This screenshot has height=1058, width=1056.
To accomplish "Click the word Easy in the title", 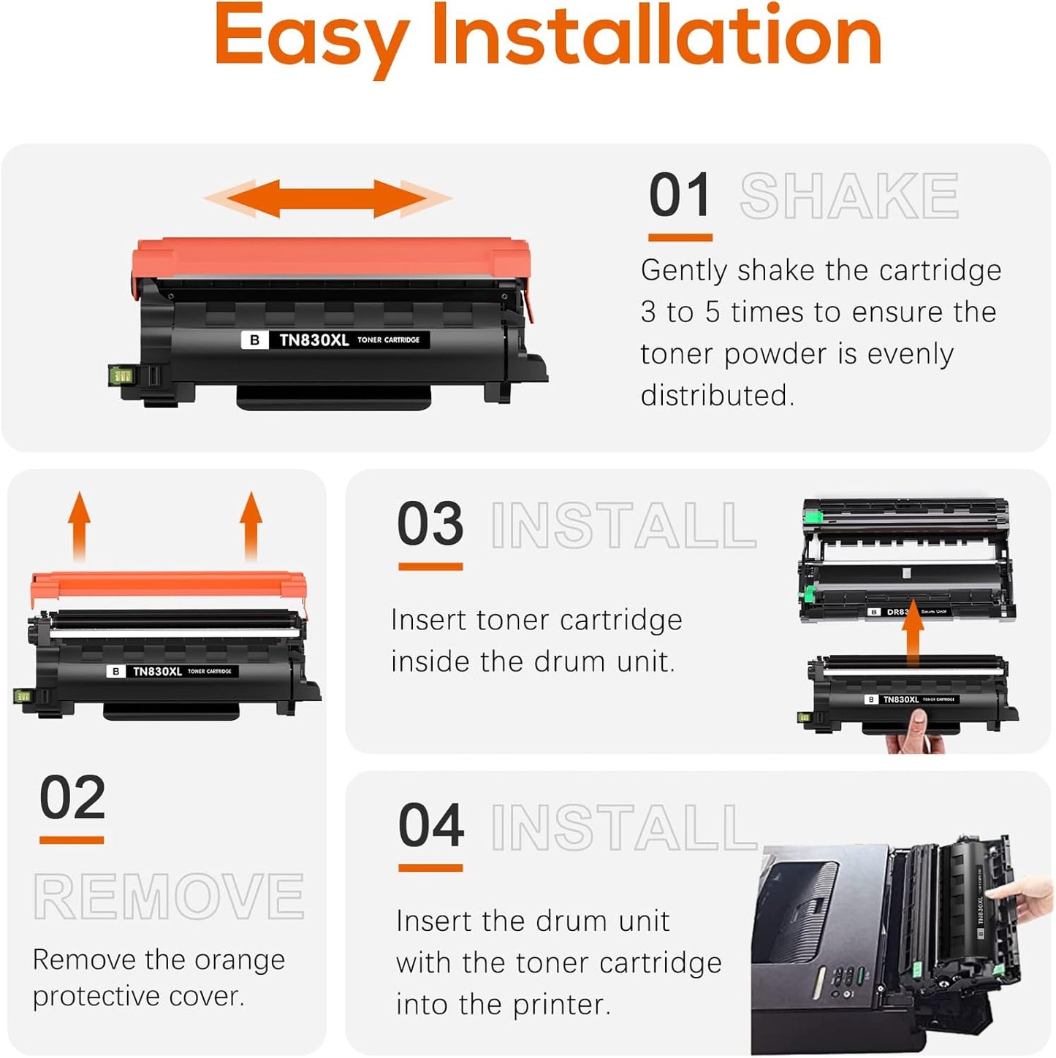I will coord(311,37).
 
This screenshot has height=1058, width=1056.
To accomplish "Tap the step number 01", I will coord(680,196).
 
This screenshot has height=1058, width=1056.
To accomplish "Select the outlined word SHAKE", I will coord(848,196).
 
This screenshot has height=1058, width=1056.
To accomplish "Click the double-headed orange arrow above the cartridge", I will coord(327,198).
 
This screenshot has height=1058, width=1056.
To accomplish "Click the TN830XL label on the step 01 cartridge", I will coord(314,340).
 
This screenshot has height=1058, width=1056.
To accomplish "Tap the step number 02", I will coord(72,798).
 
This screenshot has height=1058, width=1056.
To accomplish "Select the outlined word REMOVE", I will coord(169,897).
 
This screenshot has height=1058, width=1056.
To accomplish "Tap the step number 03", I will coord(430,524).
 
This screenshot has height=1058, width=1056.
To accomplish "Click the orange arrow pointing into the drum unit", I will coord(912,633).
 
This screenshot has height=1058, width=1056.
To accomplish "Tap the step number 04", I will coord(430,826).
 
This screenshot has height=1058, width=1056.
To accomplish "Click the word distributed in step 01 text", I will coord(716,396).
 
